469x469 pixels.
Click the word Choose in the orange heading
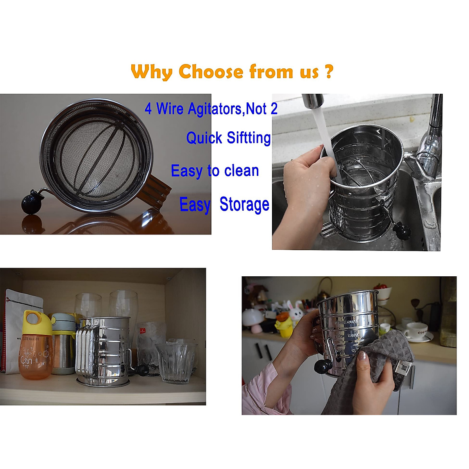click(x=211, y=72)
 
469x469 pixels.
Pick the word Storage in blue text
click(x=244, y=204)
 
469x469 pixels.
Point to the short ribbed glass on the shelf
click(x=175, y=362)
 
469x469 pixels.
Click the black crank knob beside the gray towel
click(x=323, y=366)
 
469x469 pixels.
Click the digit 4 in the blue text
click(x=148, y=109)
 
